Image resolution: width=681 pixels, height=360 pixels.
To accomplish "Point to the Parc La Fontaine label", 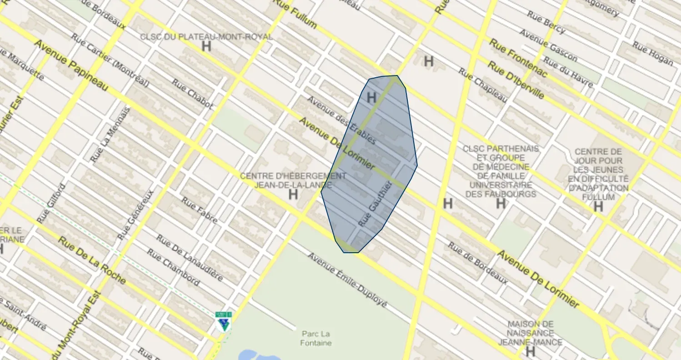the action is tap(315, 338).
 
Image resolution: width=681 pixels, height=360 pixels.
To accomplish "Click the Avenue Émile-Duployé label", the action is tap(347, 280).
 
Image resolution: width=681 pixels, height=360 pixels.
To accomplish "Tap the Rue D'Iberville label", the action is tap(516, 80).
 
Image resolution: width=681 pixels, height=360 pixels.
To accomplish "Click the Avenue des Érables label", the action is tap(341, 120).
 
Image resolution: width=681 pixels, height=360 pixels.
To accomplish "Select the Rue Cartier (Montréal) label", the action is tap(110, 60).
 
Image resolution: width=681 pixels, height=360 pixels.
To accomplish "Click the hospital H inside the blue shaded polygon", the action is tap(371, 97).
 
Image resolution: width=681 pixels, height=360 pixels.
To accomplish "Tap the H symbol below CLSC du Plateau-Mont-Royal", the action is tap(206, 46).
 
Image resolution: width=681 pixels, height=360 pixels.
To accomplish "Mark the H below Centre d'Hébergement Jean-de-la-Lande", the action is tap(293, 195).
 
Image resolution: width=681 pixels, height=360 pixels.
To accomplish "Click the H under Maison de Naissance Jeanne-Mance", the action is tap(530, 351).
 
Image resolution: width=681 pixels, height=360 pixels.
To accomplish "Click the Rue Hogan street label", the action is tap(652, 54).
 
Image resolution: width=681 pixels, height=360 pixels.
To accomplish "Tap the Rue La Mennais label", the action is tap(110, 135).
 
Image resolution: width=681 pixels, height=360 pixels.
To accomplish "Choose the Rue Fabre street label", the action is tap(199, 210).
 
